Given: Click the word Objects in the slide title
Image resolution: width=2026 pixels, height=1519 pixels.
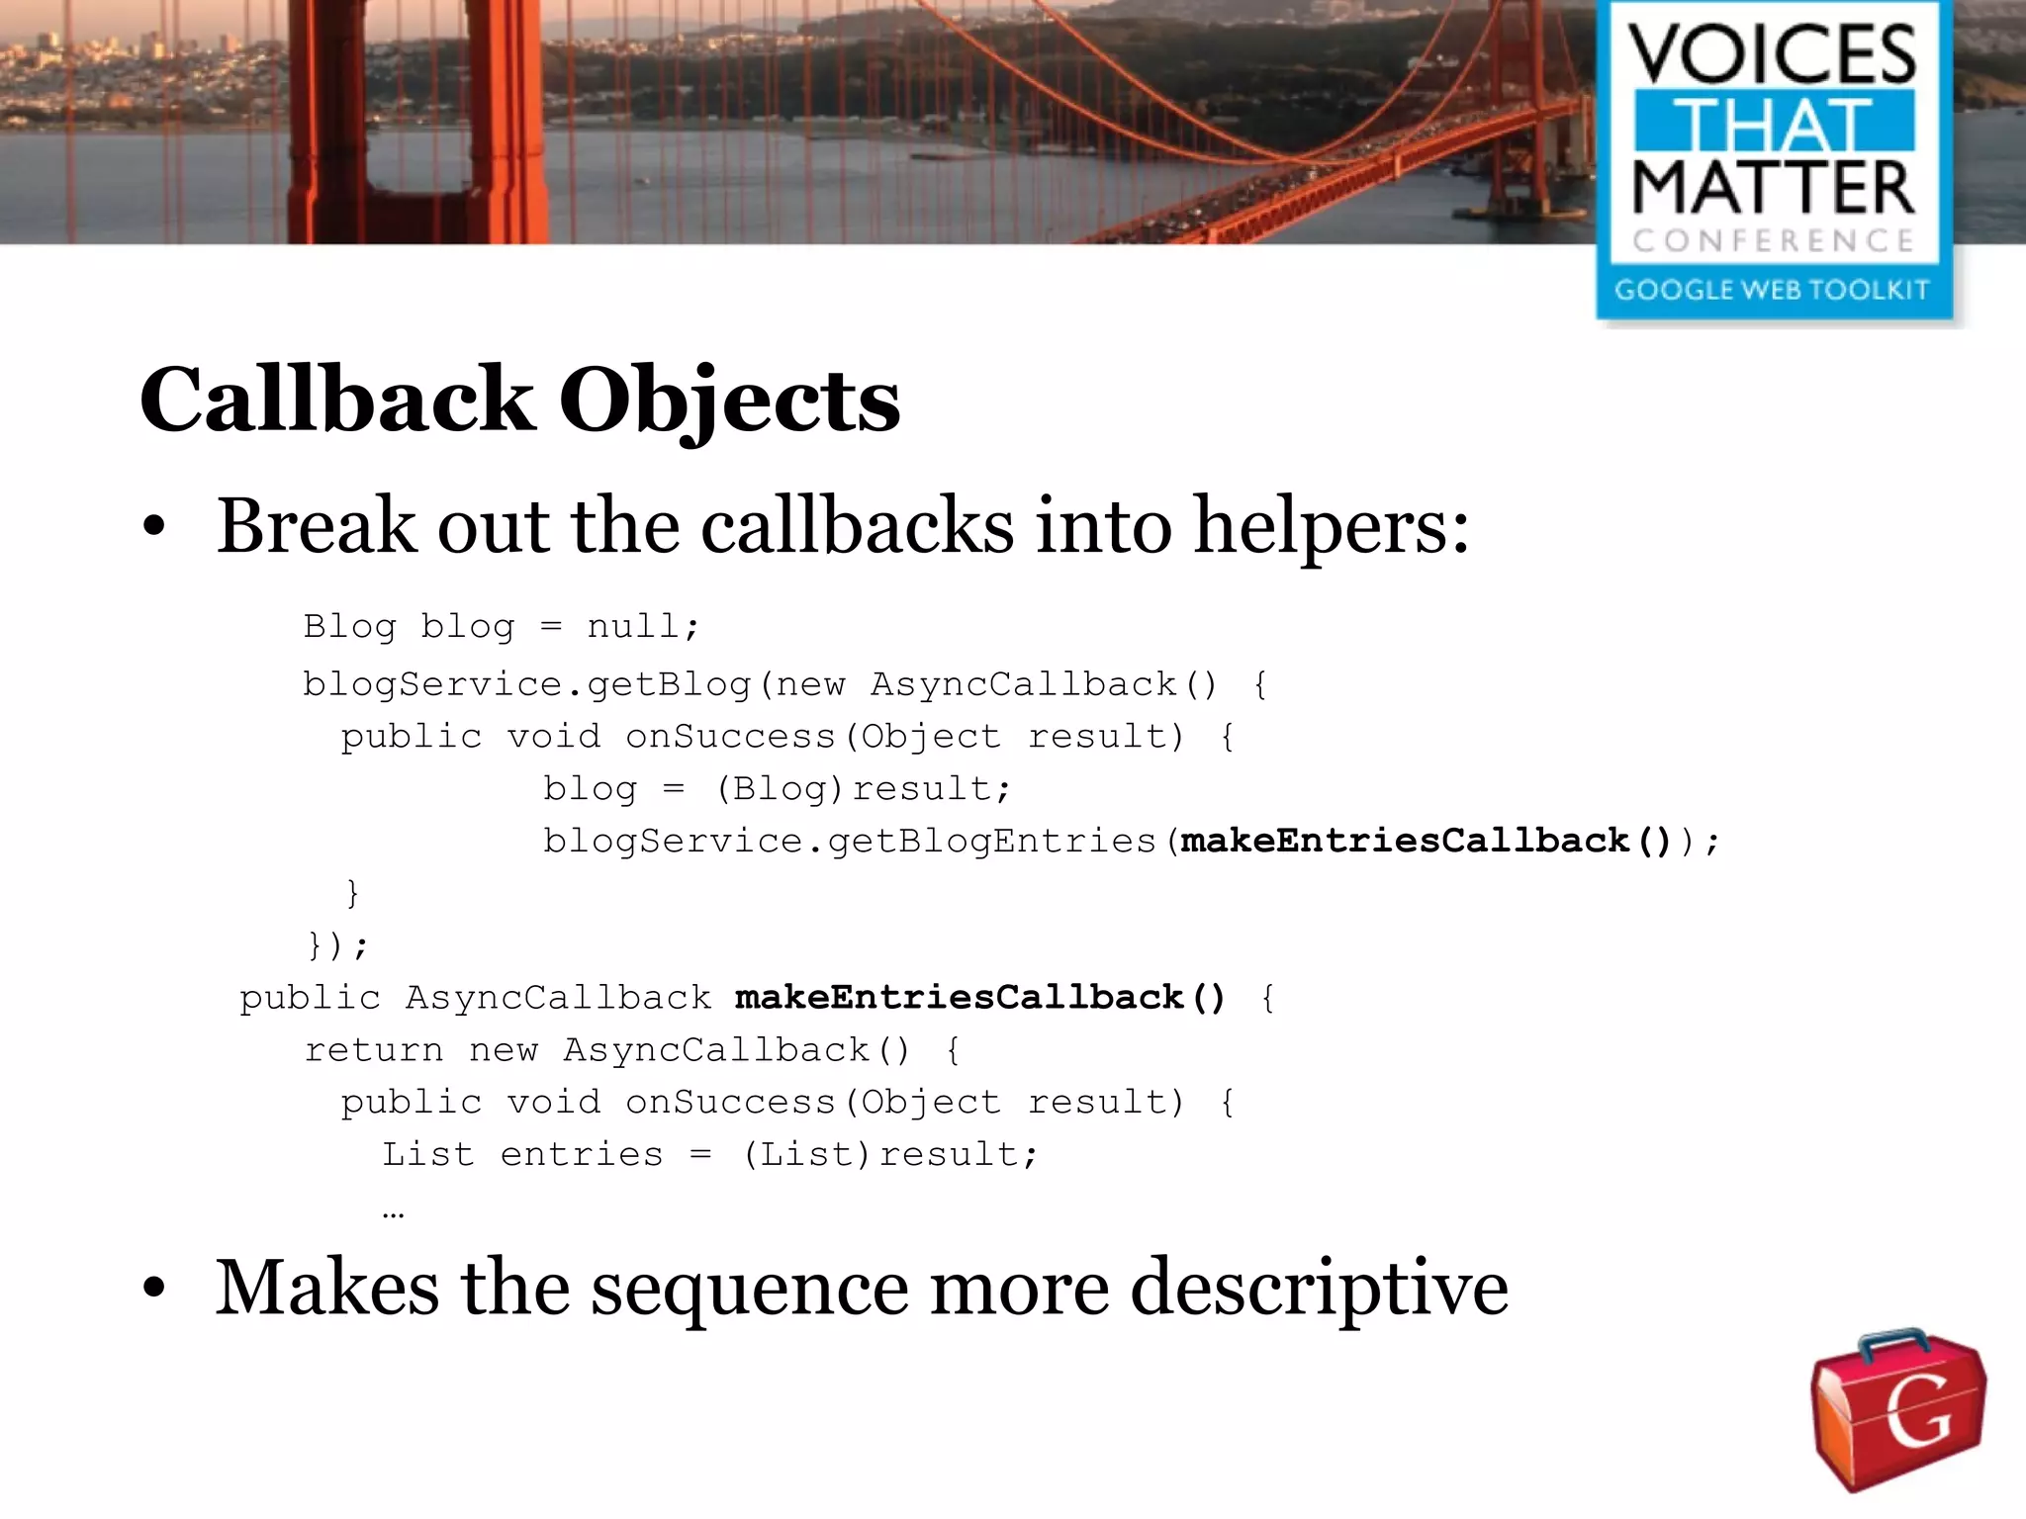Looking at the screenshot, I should pyautogui.click(x=729, y=401).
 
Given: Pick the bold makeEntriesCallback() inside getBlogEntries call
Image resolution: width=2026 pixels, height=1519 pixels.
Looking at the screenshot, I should pyautogui.click(x=1426, y=841).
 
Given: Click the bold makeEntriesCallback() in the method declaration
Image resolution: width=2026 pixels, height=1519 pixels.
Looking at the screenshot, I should pyautogui.click(x=979, y=997).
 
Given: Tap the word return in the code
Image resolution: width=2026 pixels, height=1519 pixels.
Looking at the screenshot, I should pyautogui.click(x=374, y=1049).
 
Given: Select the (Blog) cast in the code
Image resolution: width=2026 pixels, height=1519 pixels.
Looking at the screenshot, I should pyautogui.click(x=780, y=788).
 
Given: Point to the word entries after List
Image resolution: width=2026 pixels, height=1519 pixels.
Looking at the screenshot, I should pyautogui.click(x=582, y=1154).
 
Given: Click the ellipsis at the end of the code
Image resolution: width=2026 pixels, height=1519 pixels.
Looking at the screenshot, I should pyautogui.click(x=393, y=1212).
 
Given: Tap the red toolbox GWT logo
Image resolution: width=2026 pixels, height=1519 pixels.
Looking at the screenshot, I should pyautogui.click(x=1898, y=1408).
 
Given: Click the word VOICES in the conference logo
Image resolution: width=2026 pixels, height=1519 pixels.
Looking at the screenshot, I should pyautogui.click(x=1772, y=55).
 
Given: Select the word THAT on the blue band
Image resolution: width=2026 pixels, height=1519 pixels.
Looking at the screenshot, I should pyautogui.click(x=1772, y=123).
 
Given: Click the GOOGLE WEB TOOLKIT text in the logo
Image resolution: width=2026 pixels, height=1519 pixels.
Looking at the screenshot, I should pyautogui.click(x=1772, y=290).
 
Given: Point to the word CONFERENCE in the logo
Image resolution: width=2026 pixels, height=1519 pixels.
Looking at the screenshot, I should pyautogui.click(x=1772, y=240).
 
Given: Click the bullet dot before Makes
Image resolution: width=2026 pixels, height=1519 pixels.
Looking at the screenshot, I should pyautogui.click(x=153, y=1288).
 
